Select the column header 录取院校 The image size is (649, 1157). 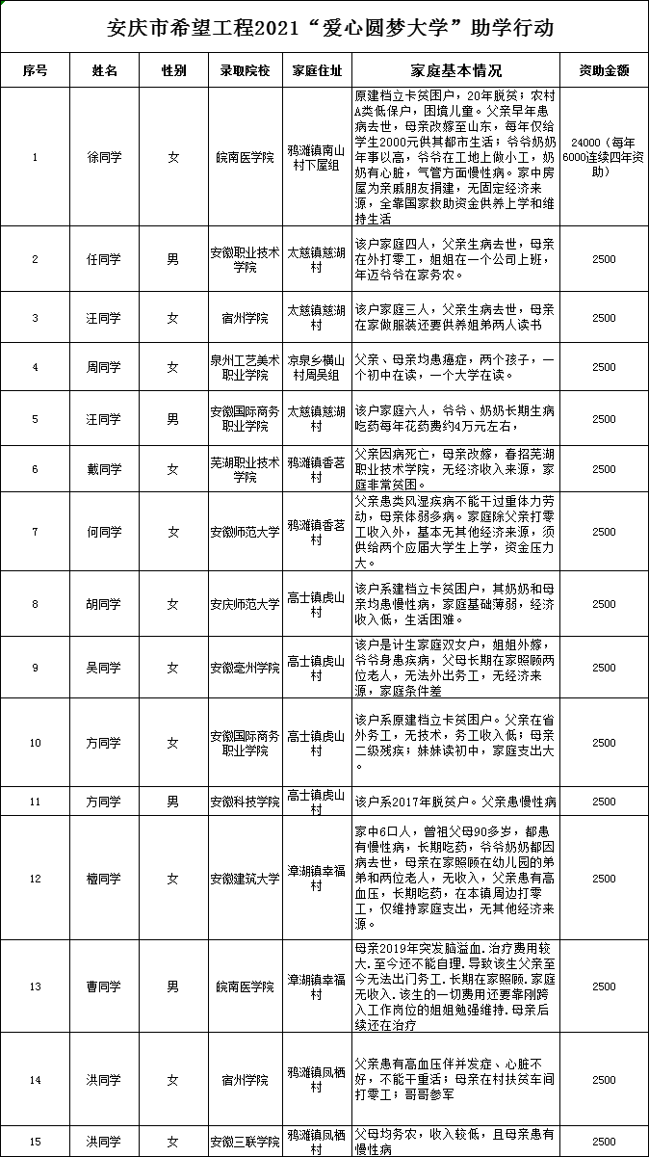click(x=245, y=70)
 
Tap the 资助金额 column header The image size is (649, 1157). click(x=604, y=70)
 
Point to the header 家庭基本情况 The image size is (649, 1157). click(x=455, y=70)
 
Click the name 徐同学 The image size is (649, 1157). click(x=104, y=157)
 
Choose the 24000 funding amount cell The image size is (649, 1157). click(x=604, y=157)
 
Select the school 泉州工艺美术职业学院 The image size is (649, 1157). click(x=245, y=366)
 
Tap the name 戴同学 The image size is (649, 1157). click(x=104, y=469)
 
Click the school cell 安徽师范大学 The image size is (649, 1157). click(x=245, y=531)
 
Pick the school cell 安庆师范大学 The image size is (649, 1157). click(x=245, y=604)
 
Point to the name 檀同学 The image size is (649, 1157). click(x=104, y=879)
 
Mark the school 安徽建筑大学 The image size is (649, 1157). click(x=245, y=879)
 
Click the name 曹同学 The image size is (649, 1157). click(x=104, y=986)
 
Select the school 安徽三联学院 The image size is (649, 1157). click(x=245, y=1142)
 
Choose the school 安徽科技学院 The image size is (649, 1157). click(x=245, y=802)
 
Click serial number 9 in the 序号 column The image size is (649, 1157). click(x=35, y=667)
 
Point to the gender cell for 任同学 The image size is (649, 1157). click(x=173, y=258)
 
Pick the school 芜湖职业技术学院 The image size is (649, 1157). click(x=245, y=469)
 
